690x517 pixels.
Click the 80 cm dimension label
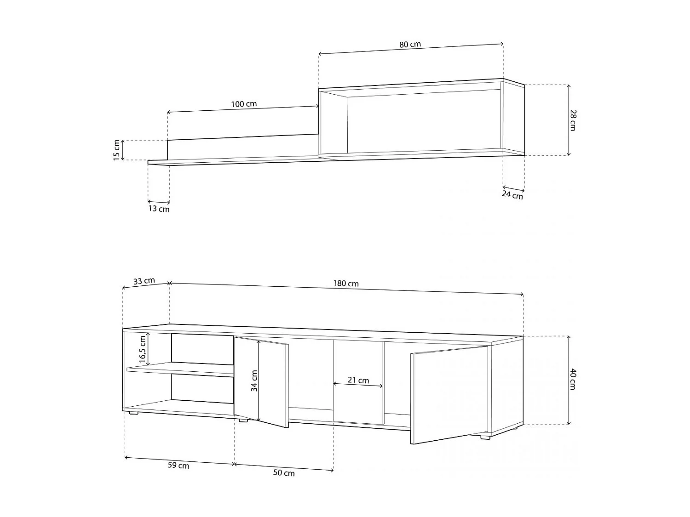pos(410,45)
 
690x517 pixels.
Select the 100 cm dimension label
pos(244,104)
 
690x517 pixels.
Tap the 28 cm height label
pos(573,120)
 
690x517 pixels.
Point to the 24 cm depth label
pos(512,195)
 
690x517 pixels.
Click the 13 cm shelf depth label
pos(159,209)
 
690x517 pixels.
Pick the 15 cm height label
pos(116,150)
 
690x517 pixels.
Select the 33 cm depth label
pos(144,281)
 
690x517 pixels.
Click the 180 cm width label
pos(346,284)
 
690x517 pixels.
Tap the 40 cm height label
pos(573,379)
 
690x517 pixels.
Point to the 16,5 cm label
pos(143,349)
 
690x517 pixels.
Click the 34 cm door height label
pos(254,381)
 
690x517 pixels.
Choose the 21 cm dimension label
pos(358,380)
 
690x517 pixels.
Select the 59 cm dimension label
pos(178,466)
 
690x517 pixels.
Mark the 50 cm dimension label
pos(284,473)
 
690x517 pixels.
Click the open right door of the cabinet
pos(448,395)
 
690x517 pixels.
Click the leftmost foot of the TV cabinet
pos(133,413)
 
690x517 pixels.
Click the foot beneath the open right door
pos(484,437)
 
